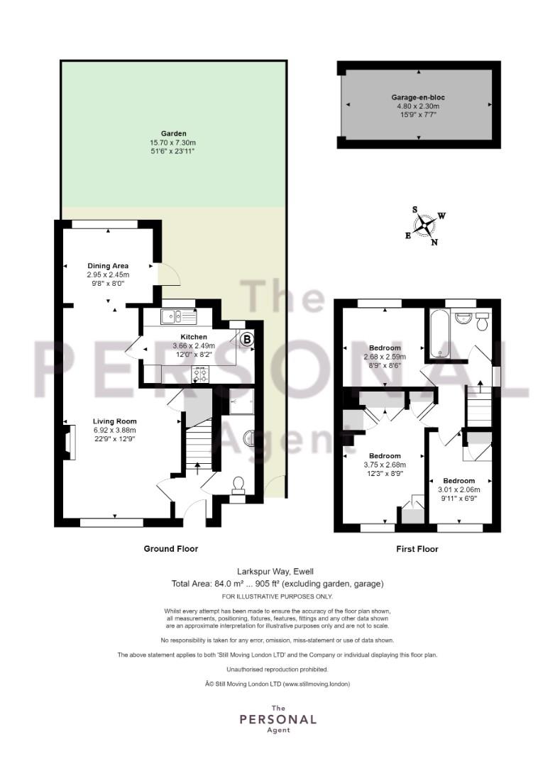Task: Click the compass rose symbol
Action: [425, 226]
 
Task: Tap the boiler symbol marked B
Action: [248, 338]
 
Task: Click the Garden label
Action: [174, 133]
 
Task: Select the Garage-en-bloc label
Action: [418, 97]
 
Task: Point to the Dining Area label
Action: [108, 266]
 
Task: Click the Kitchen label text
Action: [194, 337]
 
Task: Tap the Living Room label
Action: [115, 421]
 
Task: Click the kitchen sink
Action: [178, 316]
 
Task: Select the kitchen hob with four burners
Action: [200, 374]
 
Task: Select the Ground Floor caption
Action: [170, 548]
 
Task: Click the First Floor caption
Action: [417, 548]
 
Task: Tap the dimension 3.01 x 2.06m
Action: [459, 489]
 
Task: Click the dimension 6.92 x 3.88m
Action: [115, 430]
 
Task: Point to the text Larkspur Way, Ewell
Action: [275, 571]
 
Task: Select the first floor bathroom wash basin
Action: [462, 318]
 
